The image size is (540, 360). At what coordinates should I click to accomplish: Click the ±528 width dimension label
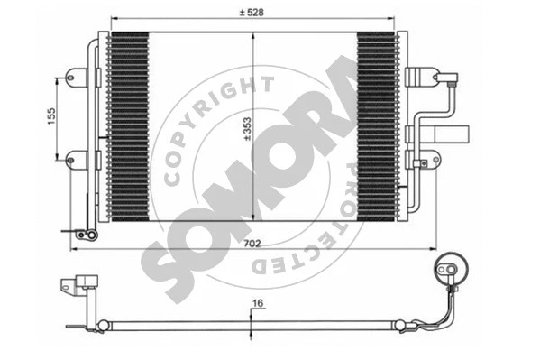[x=250, y=10]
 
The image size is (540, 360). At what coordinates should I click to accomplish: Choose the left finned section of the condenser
[x=127, y=126]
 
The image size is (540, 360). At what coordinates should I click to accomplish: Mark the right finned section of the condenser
[x=375, y=126]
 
